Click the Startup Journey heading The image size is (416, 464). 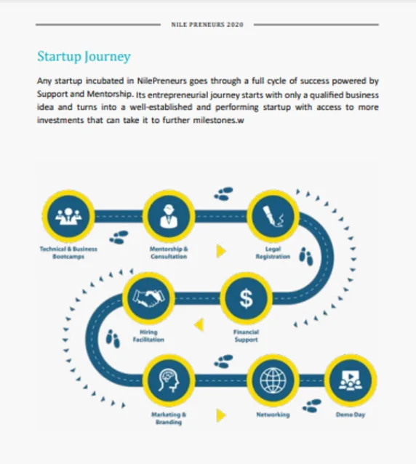(84, 57)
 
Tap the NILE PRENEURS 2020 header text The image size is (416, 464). (207, 25)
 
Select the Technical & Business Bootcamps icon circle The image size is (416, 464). (68, 216)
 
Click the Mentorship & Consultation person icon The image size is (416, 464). (169, 216)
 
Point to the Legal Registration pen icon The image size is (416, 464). (273, 216)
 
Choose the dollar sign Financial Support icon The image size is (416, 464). (246, 298)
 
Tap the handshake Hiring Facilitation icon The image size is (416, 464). (148, 298)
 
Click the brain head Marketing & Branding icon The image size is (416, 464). (169, 380)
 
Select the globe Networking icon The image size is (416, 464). (273, 380)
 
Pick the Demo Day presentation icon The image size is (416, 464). (351, 380)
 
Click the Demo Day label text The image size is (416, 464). (351, 415)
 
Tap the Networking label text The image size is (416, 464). (273, 415)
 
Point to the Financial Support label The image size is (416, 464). (246, 336)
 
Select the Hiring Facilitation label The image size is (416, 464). (148, 336)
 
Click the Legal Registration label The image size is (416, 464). (273, 252)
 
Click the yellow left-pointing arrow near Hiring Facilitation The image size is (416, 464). (199, 324)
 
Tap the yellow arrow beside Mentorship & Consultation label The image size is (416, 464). (221, 251)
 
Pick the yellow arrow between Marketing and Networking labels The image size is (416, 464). (221, 415)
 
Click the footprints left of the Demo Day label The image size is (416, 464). (312, 406)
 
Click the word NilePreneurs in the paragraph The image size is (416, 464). (162, 81)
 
